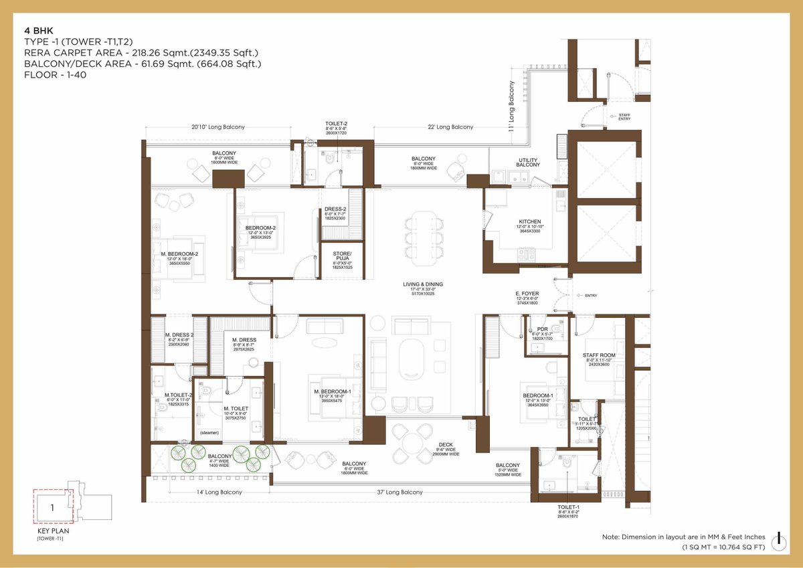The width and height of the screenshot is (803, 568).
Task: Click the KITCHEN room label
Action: tap(529, 221)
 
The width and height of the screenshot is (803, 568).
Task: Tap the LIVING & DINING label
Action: tap(422, 284)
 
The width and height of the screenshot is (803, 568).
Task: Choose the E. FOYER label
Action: tap(527, 294)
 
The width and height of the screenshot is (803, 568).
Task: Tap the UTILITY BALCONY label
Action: tap(529, 163)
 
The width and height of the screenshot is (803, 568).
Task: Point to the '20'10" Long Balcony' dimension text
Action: tap(217, 126)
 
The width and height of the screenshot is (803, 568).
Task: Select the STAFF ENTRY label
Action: tap(624, 117)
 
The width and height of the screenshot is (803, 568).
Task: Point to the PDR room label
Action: tap(542, 329)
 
